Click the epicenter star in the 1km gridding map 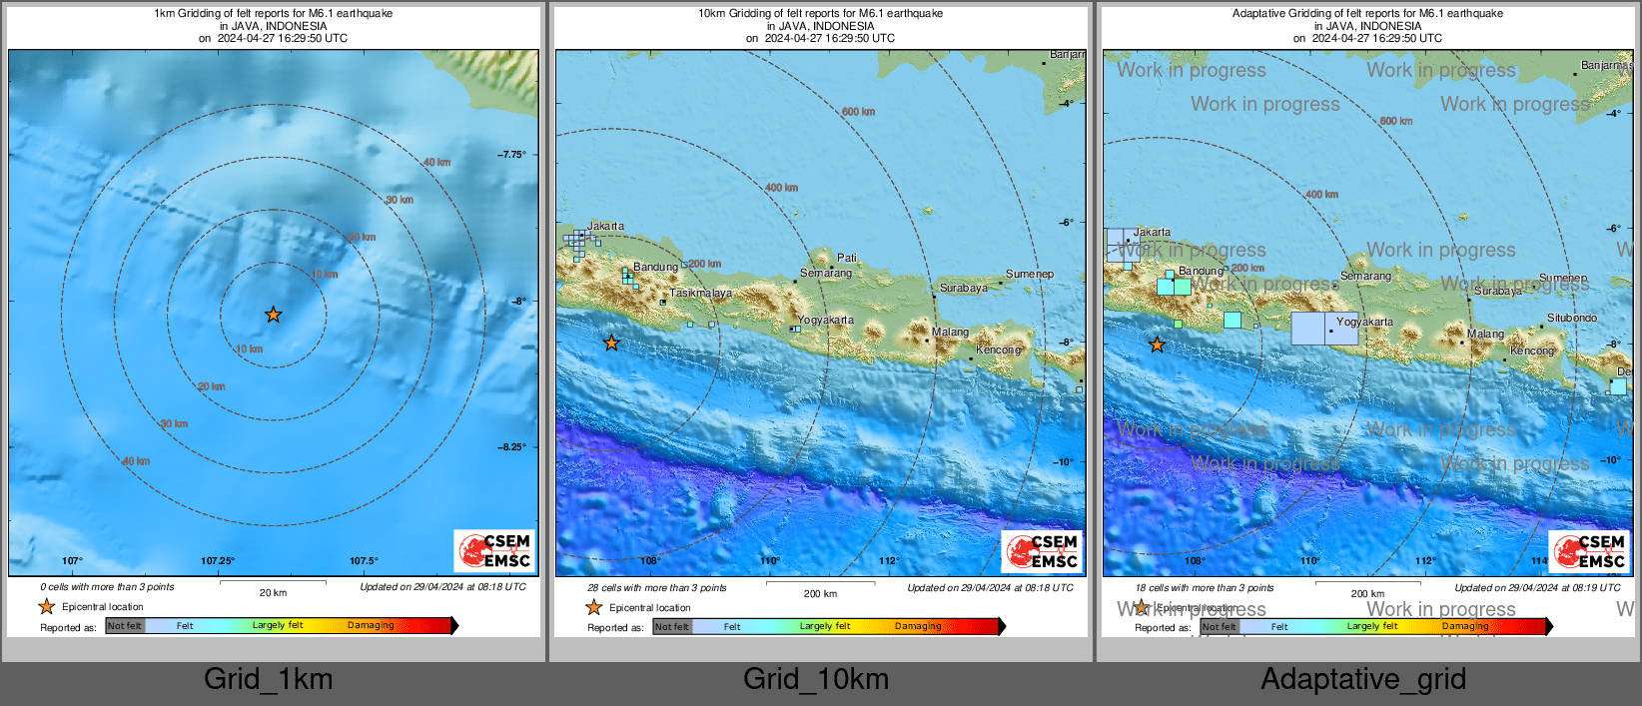pyautogui.click(x=273, y=315)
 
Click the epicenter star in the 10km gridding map pyautogui.click(x=611, y=343)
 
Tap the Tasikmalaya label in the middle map pyautogui.click(x=700, y=294)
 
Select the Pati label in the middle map pyautogui.click(x=847, y=258)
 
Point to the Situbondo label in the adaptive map pyautogui.click(x=1571, y=319)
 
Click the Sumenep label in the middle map pyautogui.click(x=1029, y=274)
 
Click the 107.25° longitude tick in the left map pyautogui.click(x=218, y=561)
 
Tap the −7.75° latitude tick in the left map pyautogui.click(x=511, y=155)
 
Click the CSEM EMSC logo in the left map pyautogui.click(x=495, y=550)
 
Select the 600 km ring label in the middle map pyautogui.click(x=857, y=112)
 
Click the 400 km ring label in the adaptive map pyautogui.click(x=1321, y=195)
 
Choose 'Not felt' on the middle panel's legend pyautogui.click(x=672, y=627)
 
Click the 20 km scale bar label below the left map pyautogui.click(x=273, y=593)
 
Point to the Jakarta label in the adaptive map pyautogui.click(x=1152, y=232)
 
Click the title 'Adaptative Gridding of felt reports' pyautogui.click(x=1366, y=14)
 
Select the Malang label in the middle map pyautogui.click(x=950, y=333)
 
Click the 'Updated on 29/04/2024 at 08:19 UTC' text pyautogui.click(x=1537, y=588)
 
